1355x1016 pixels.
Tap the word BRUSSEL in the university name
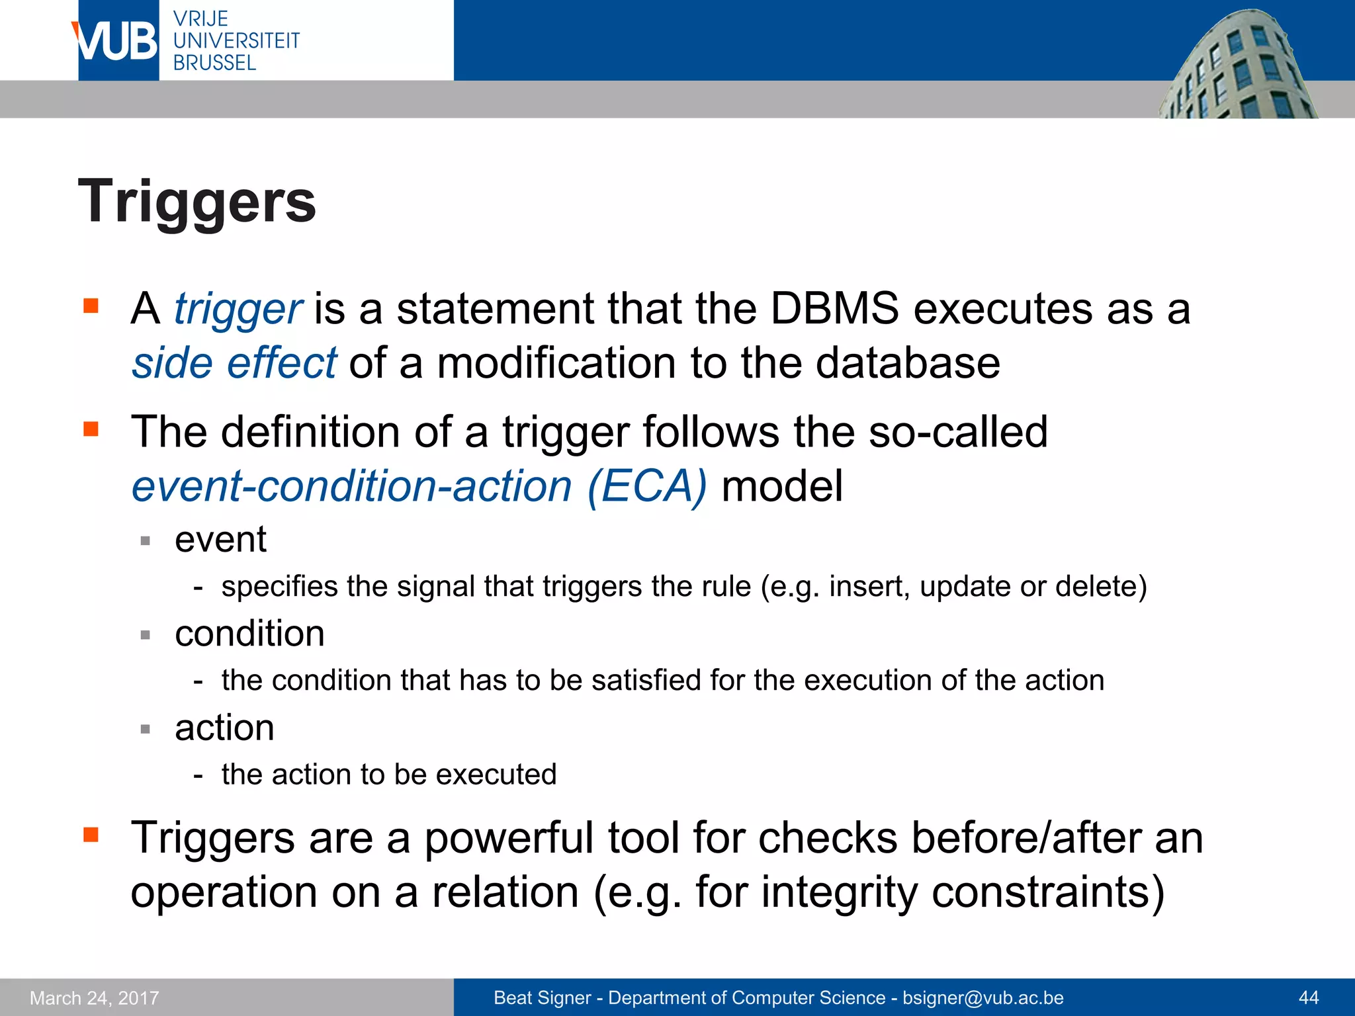pos(214,63)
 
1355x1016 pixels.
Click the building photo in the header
pos(1237,66)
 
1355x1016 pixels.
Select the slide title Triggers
pos(197,202)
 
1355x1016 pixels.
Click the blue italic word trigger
pos(238,310)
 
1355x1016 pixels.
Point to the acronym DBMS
pos(834,309)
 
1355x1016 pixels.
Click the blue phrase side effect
pos(234,364)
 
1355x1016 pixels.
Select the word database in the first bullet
pos(908,364)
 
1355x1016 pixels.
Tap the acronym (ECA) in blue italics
pos(646,487)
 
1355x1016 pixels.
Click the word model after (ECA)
pos(782,487)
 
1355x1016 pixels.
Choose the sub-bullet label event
pos(220,540)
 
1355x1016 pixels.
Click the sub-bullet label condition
pos(249,634)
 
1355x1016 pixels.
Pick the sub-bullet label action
pos(224,728)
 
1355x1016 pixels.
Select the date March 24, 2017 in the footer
pos(95,998)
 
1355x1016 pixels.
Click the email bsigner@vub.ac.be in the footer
pos(983,998)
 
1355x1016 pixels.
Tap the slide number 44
pos(1309,998)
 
